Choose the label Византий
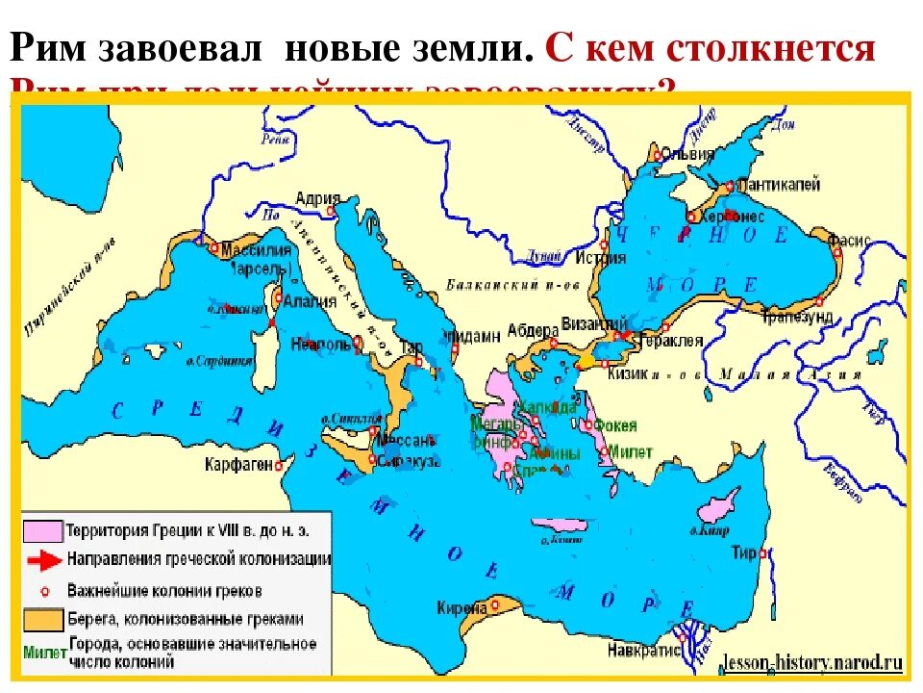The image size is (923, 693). (x=587, y=323)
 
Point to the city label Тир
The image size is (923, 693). (x=742, y=552)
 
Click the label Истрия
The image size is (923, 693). (x=601, y=257)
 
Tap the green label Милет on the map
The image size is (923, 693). (x=631, y=451)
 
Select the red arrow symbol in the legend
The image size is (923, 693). (x=44, y=559)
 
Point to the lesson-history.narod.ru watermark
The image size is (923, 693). (x=812, y=663)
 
